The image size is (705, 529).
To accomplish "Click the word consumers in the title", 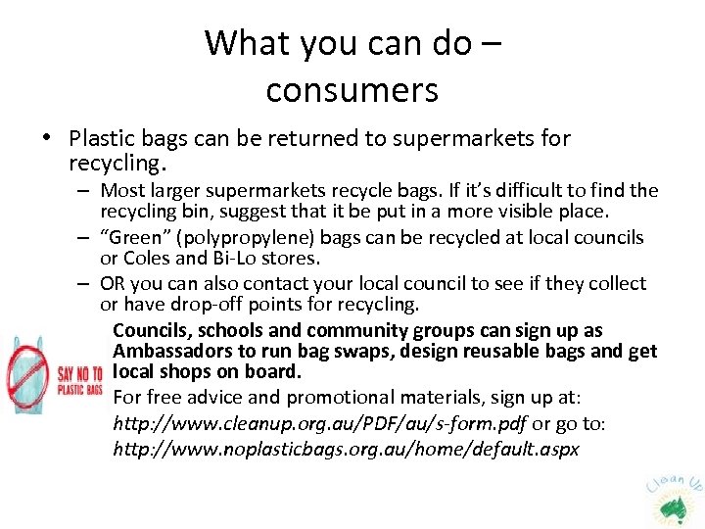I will (352, 90).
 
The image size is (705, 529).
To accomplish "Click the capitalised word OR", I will (114, 284).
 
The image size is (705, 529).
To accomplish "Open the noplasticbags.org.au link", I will (346, 450).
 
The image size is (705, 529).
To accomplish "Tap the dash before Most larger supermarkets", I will (86, 191).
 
